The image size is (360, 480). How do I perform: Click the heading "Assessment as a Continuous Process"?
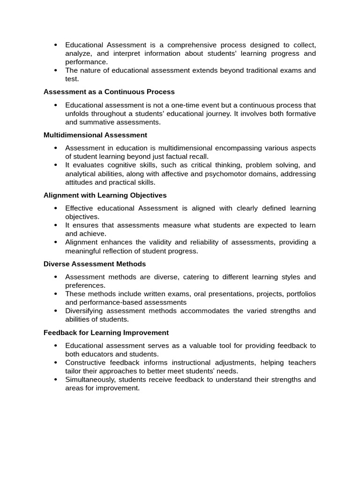(x=109, y=92)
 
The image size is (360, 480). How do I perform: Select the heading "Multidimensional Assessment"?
(x=95, y=135)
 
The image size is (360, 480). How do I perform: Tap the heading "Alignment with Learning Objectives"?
(x=105, y=195)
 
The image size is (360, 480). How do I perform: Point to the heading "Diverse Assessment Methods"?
(x=95, y=264)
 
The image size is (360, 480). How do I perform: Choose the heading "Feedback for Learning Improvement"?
(x=106, y=333)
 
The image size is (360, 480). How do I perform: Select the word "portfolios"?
(x=299, y=294)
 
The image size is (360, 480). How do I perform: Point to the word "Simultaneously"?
(x=91, y=380)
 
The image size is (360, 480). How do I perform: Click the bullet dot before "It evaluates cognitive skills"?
(x=55, y=165)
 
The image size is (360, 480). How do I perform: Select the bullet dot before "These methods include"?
(x=55, y=294)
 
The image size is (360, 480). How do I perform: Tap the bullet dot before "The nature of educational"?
(x=55, y=71)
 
